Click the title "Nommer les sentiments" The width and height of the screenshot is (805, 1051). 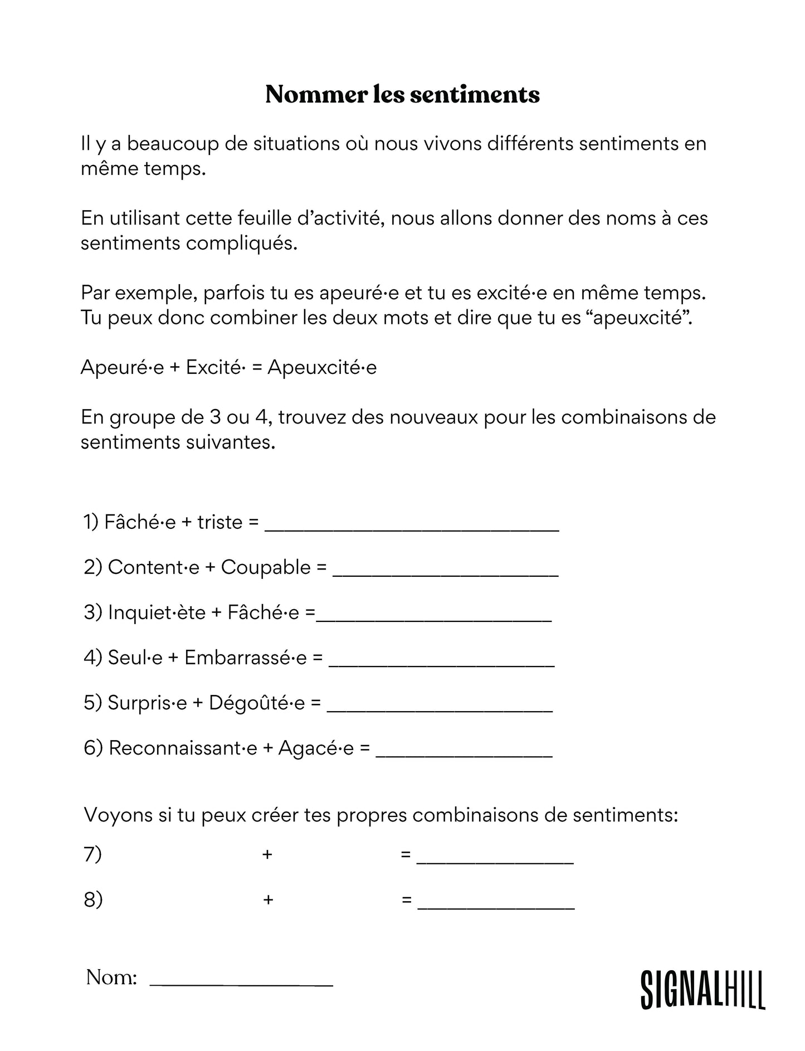402,95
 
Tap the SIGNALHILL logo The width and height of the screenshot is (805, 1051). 702,990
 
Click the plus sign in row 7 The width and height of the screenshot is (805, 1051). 267,854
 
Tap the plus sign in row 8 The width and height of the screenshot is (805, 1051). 268,899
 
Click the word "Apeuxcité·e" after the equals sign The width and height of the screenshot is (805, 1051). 322,368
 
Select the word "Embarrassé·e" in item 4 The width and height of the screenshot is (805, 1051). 246,658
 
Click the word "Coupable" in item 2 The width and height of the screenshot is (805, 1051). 266,567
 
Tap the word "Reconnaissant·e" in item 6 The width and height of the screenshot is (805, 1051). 183,748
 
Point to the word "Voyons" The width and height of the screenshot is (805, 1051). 114,815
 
